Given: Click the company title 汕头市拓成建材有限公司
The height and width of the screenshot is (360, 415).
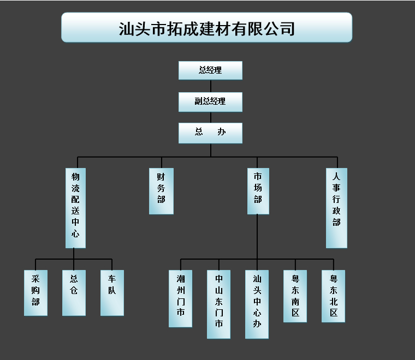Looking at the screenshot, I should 206,27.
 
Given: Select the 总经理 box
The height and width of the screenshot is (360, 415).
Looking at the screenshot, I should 210,70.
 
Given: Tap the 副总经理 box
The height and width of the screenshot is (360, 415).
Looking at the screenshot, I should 210,101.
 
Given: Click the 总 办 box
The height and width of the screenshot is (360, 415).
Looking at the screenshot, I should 210,133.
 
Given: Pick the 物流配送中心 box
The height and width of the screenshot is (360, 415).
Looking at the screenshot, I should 75,207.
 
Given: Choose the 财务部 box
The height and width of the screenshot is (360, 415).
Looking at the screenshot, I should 161,190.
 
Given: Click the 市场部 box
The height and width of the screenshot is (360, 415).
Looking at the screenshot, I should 258,190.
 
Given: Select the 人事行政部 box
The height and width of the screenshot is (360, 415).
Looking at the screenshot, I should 336,207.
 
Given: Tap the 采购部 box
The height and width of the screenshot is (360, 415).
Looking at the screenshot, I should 35,292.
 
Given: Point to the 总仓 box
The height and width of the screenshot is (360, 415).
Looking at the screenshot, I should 74,292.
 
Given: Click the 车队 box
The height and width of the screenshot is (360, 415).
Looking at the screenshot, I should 112,292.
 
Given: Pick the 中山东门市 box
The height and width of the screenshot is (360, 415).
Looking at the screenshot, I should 218,304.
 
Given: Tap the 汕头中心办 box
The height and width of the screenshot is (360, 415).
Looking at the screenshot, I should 257,304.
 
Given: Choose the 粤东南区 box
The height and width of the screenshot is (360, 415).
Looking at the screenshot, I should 295,296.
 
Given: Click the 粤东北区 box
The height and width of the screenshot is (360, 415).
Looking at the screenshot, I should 333,296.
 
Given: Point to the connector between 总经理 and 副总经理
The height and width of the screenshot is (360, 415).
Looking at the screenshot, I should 210,86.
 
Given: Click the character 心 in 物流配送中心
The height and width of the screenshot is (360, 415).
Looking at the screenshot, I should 75,235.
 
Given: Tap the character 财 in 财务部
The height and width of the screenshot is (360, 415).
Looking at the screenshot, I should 161,177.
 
